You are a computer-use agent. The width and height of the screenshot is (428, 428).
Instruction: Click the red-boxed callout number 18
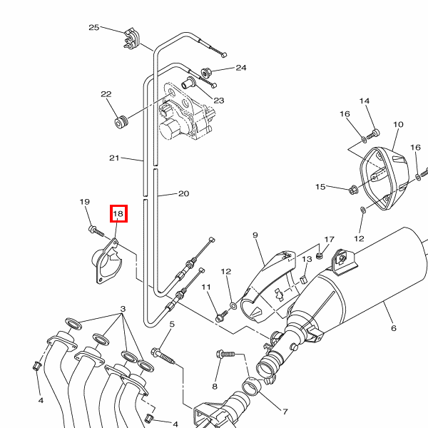pyautogui.click(x=118, y=213)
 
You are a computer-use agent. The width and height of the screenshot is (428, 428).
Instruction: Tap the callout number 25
pyautogui.click(x=93, y=27)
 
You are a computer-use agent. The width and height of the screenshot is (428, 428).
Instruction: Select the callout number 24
pyautogui.click(x=240, y=68)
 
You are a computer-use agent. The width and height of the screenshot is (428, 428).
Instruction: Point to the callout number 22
pyautogui.click(x=106, y=94)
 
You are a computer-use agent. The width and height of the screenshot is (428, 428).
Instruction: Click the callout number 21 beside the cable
pyautogui.click(x=114, y=158)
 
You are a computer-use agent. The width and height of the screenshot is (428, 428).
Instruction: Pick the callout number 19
pyautogui.click(x=84, y=202)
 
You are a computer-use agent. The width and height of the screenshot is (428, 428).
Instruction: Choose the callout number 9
pyautogui.click(x=254, y=235)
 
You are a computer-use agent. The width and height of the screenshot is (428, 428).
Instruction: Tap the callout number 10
pyautogui.click(x=398, y=124)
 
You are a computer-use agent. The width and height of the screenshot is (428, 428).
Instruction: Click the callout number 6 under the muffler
pyautogui.click(x=393, y=328)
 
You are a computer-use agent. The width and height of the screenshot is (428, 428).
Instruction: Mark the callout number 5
pyautogui.click(x=171, y=324)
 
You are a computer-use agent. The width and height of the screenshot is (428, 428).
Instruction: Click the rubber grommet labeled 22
pyautogui.click(x=121, y=122)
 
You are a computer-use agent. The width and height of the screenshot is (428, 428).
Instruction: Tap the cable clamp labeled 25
pyautogui.click(x=132, y=39)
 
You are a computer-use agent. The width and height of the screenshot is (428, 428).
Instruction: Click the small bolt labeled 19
pyautogui.click(x=94, y=230)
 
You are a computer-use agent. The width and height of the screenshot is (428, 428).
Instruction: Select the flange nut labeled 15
pyautogui.click(x=354, y=190)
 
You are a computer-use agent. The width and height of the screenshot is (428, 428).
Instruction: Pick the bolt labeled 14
pyautogui.click(x=376, y=132)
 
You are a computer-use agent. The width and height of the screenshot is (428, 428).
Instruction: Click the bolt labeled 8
pyautogui.click(x=222, y=354)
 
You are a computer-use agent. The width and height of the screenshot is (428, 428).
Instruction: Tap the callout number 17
pyautogui.click(x=328, y=240)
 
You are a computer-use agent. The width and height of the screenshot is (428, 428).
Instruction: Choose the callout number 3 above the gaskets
pyautogui.click(x=123, y=309)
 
